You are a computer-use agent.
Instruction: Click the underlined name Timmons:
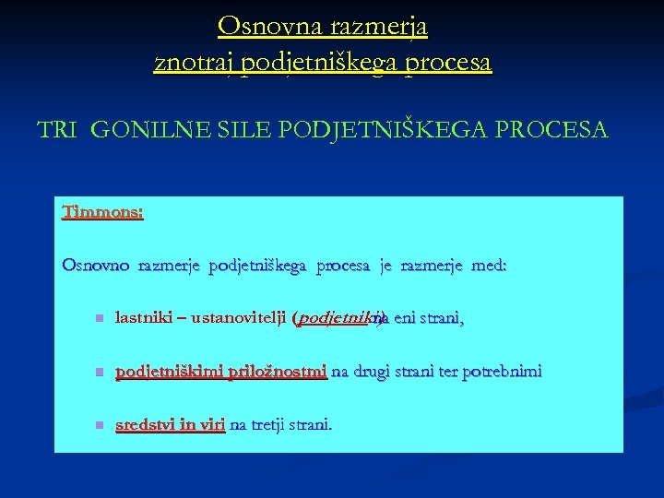point(102,212)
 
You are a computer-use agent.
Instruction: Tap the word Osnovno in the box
point(96,266)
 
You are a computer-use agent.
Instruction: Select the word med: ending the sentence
point(488,266)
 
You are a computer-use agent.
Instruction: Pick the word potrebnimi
point(502,372)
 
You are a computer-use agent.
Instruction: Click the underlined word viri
point(211,425)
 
